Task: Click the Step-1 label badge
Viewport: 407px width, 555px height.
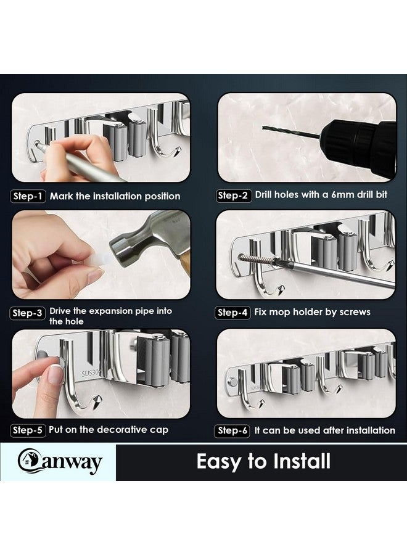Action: [28, 196]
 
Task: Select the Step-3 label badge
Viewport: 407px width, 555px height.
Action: [28, 313]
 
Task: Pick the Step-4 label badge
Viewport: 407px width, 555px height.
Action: [233, 313]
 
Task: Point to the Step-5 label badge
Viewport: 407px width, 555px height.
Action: [28, 430]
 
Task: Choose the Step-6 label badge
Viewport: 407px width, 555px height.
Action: [233, 430]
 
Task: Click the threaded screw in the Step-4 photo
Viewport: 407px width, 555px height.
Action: [256, 260]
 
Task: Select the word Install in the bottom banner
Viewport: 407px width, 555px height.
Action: [297, 461]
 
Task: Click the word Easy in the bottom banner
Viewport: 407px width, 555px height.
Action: [220, 461]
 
